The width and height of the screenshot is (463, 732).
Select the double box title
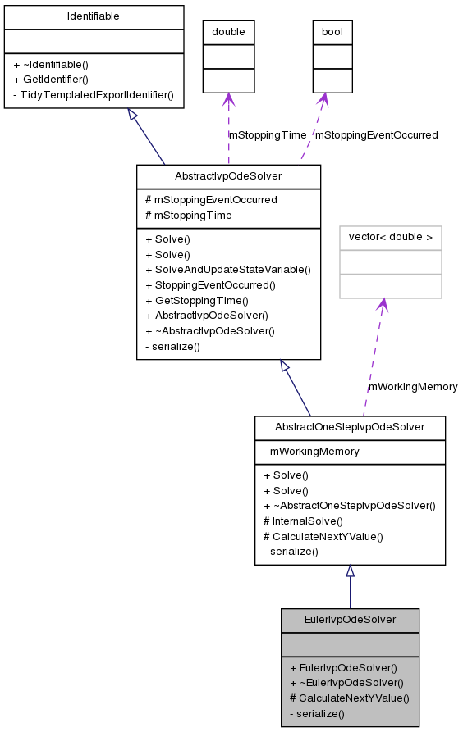(228, 32)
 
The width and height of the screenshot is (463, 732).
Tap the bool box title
(332, 32)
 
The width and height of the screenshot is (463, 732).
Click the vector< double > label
(390, 238)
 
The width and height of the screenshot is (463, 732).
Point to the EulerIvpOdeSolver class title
(350, 620)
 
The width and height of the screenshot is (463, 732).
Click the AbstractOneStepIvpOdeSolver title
(350, 427)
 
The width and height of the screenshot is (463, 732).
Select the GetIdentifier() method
(51, 80)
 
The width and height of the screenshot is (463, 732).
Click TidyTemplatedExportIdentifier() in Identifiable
(94, 94)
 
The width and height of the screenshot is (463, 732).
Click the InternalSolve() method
(303, 521)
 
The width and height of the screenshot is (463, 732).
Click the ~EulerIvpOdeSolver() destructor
(346, 683)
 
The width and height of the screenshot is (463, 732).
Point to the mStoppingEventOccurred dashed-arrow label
(377, 134)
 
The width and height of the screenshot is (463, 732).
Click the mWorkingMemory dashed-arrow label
(413, 386)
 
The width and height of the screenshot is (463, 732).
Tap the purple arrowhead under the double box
(228, 100)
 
